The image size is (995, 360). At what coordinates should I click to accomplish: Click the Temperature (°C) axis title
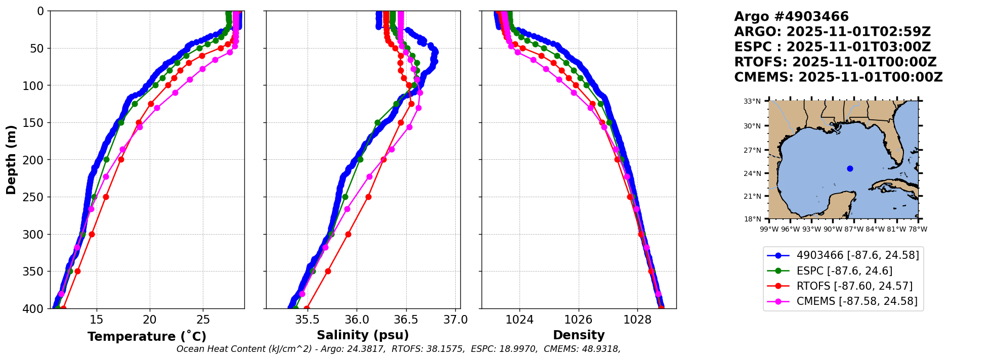click(147, 337)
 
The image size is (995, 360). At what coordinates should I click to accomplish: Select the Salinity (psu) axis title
click(363, 335)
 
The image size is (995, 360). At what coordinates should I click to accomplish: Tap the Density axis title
click(579, 335)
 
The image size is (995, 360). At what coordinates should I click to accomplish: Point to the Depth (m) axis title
click(11, 160)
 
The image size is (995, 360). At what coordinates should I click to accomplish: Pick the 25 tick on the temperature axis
click(203, 320)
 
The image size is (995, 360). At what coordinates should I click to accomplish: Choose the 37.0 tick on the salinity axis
click(456, 320)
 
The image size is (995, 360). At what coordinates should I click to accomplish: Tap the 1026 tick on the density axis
click(578, 320)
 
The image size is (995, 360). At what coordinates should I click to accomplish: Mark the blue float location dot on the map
click(850, 168)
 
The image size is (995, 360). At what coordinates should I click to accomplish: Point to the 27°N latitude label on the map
click(752, 150)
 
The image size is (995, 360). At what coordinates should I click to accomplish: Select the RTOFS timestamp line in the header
click(835, 62)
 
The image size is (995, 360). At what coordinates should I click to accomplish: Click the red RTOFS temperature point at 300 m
click(92, 234)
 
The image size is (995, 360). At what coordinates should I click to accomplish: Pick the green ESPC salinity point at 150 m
click(377, 122)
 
